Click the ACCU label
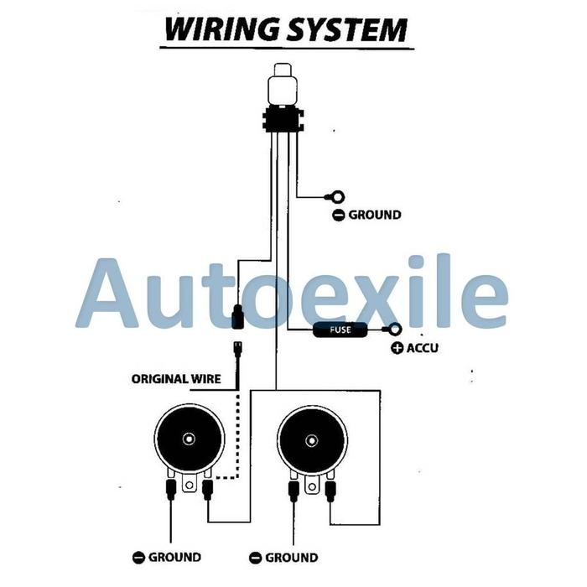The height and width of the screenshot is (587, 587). click(x=423, y=347)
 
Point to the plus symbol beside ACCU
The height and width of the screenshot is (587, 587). click(x=397, y=347)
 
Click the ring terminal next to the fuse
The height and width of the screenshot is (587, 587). click(x=392, y=330)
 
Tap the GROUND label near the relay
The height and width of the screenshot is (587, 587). click(x=375, y=215)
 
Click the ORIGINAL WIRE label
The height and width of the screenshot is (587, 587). click(x=176, y=378)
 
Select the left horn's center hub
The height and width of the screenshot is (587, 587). click(x=190, y=439)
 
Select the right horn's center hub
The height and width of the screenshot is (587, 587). click(x=312, y=439)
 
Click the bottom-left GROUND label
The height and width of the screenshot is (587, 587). click(x=175, y=557)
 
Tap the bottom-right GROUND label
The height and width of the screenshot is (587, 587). click(x=292, y=557)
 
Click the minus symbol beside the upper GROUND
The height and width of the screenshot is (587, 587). click(x=338, y=215)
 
